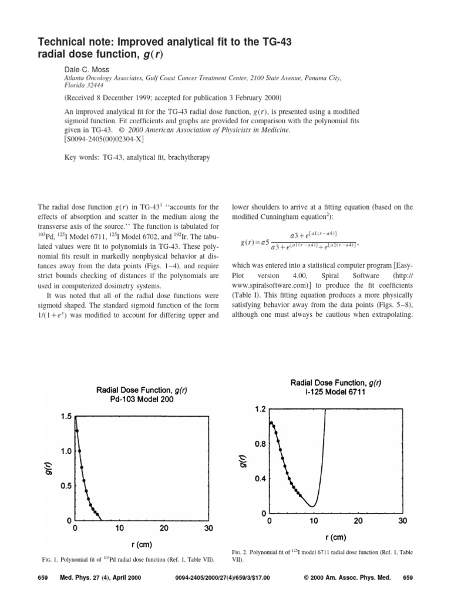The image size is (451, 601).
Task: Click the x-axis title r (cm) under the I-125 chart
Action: click(x=336, y=536)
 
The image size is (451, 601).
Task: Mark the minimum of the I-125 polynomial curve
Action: click(x=314, y=506)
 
